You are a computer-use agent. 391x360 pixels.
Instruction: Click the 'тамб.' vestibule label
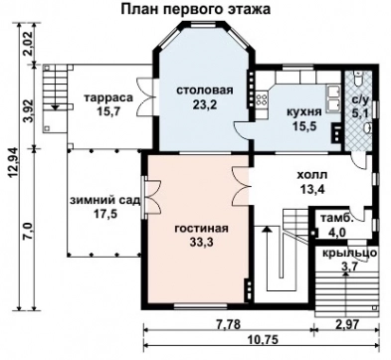[x=332, y=220]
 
